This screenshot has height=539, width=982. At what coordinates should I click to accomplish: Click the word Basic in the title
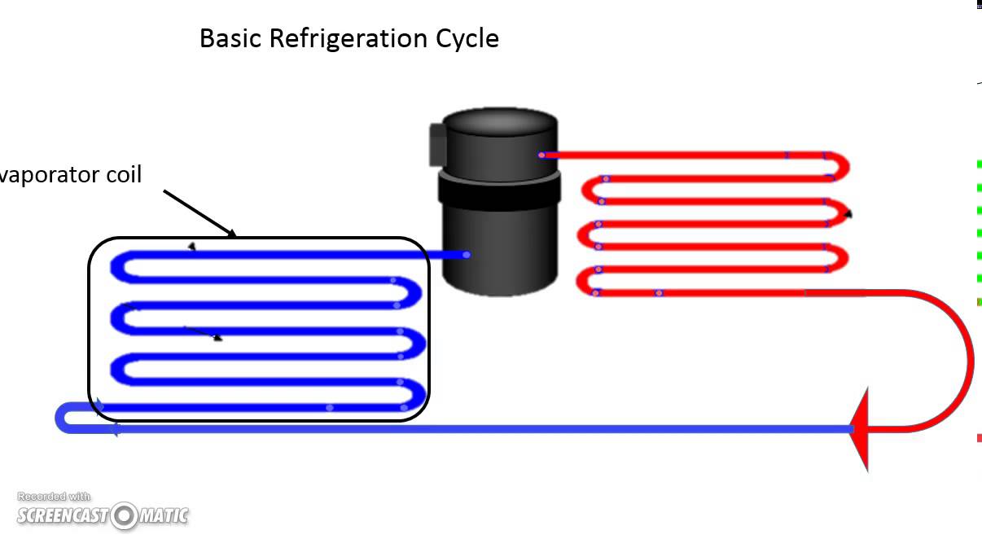[x=230, y=38]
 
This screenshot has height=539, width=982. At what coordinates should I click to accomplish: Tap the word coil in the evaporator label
[x=120, y=174]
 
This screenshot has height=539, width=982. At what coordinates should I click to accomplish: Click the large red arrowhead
[x=860, y=429]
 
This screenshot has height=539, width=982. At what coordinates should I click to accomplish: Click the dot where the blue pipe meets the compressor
[x=467, y=255]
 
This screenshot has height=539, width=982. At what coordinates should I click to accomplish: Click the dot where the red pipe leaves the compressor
[x=541, y=155]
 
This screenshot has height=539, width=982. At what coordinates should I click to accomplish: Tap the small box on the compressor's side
[x=437, y=144]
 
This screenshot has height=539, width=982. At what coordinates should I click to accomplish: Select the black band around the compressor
[x=499, y=190]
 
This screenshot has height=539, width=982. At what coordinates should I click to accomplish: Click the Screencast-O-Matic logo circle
[x=125, y=515]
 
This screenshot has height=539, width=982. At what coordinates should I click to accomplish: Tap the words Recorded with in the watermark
[x=54, y=497]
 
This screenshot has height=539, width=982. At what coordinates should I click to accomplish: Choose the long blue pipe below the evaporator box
[x=489, y=428]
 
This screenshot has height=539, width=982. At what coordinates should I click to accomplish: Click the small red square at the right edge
[x=979, y=439]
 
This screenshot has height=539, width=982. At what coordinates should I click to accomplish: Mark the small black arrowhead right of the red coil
[x=848, y=214]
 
